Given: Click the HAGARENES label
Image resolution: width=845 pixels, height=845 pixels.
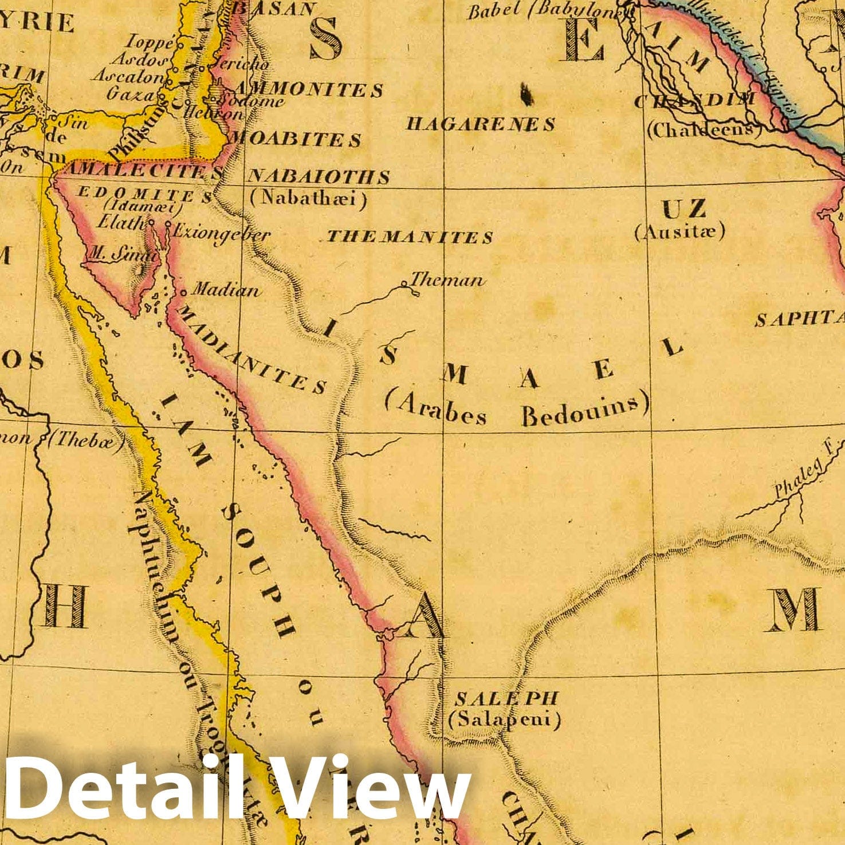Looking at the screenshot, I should tap(481, 124).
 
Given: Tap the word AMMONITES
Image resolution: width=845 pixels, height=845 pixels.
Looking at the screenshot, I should tap(308, 89).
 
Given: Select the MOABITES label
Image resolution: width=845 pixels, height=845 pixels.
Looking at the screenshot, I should tap(295, 139).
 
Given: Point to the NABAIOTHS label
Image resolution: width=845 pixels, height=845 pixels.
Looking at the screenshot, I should tap(319, 176).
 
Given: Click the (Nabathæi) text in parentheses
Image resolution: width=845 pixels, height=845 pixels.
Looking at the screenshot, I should tap(309, 199).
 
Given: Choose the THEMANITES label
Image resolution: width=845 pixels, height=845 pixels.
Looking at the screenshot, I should tap(410, 237).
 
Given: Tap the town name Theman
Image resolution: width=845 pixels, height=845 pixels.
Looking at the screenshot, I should tap(447, 280).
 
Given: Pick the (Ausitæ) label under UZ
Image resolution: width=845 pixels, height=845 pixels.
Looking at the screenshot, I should tap(680, 231).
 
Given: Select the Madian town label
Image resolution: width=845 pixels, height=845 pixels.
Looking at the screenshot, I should tap(225, 290).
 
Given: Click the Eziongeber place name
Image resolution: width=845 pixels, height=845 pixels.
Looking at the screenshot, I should tap(221, 233).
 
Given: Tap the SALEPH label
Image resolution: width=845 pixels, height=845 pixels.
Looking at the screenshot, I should tap(506, 698).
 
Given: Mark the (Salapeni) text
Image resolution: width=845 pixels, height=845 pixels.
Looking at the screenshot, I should tap(505, 719).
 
